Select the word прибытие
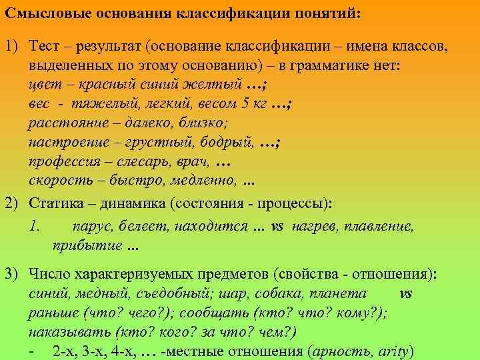(83, 245)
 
